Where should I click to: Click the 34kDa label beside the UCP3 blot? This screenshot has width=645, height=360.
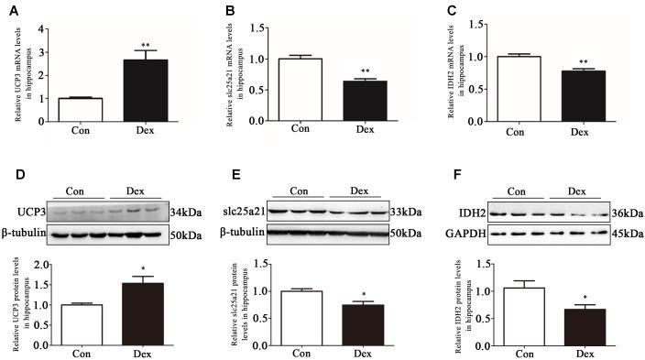click(x=180, y=211)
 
